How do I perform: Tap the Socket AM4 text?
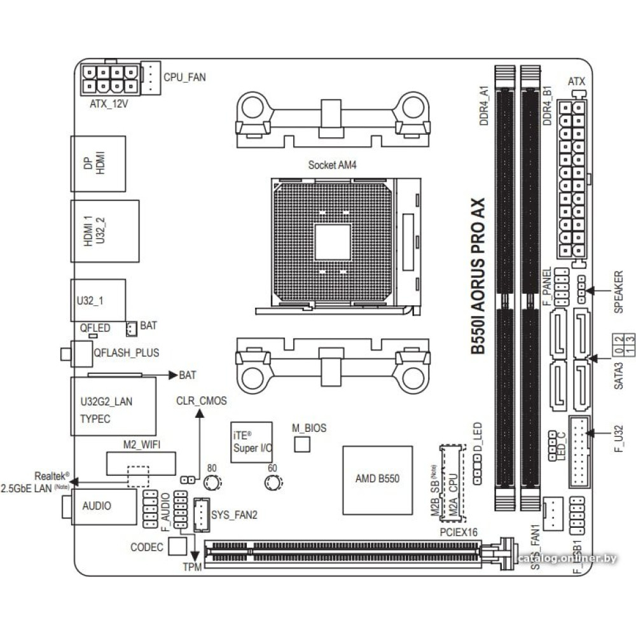(x=333, y=165)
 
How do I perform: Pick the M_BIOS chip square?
(x=302, y=445)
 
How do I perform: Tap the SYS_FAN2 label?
(x=235, y=515)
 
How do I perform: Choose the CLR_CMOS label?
(x=201, y=401)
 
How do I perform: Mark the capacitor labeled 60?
(x=272, y=485)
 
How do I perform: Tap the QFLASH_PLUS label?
(x=126, y=352)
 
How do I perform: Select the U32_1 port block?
(x=98, y=300)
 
